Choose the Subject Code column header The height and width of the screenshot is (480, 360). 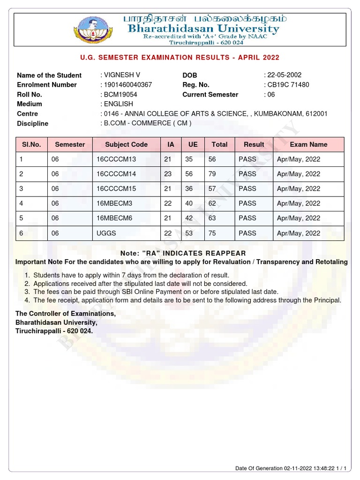126,144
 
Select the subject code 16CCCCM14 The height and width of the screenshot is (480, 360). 116,174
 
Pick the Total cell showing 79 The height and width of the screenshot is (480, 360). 212,174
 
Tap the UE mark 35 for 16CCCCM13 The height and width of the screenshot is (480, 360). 189,159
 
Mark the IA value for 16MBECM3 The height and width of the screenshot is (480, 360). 168,203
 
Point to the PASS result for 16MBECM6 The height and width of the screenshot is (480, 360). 247,218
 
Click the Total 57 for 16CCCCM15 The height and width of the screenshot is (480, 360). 212,188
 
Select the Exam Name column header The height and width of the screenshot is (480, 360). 308,144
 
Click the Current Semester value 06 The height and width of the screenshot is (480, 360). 270,94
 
